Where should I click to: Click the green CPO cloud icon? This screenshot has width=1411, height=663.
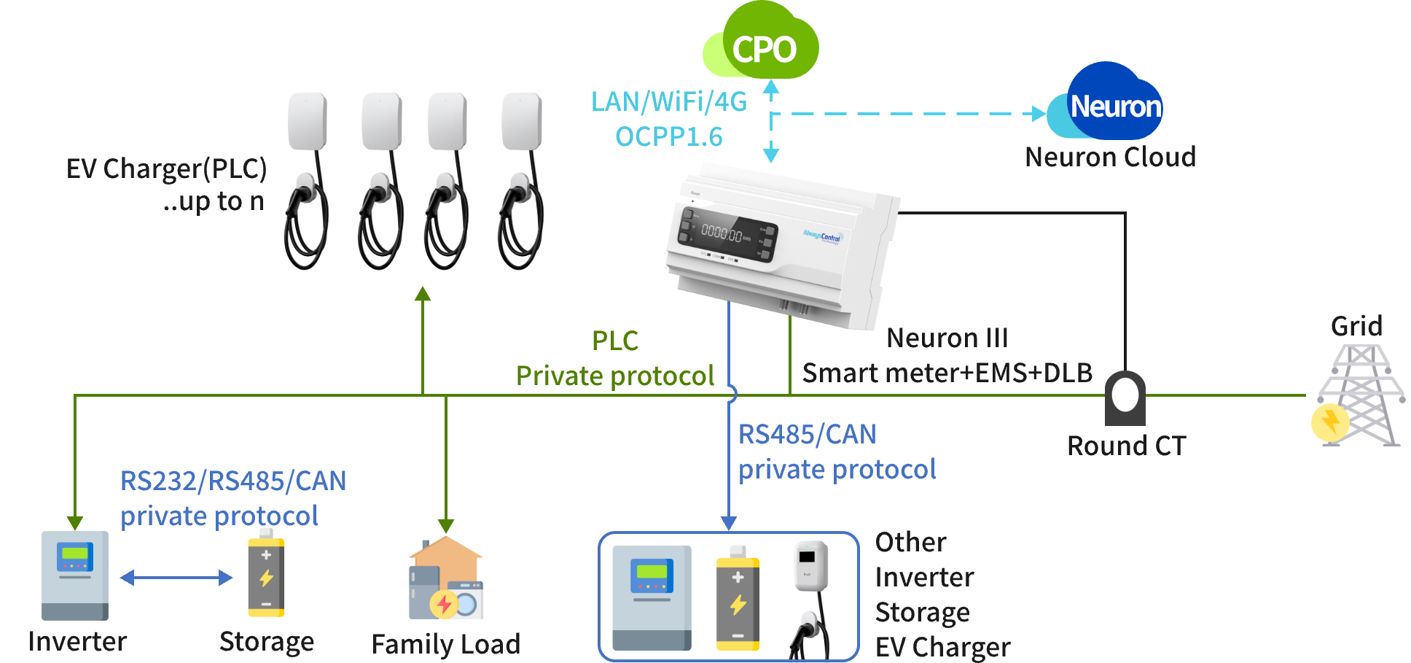762,44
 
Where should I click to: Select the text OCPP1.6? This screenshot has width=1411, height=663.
668,136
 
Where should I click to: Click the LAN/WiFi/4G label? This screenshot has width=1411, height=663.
668,101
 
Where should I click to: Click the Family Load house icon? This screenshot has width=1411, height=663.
446,579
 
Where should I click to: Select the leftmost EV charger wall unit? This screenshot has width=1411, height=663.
307,122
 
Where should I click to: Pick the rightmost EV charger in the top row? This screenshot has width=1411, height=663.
521,122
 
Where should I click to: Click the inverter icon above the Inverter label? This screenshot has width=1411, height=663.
74,575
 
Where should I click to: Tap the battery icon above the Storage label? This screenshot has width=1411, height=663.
266,573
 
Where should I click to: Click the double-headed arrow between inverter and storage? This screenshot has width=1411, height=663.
176,578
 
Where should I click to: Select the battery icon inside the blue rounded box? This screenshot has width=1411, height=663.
738,599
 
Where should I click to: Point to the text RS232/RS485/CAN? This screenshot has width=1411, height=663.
233,481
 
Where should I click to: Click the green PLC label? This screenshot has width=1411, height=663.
614,341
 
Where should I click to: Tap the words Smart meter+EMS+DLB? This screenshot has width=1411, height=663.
947,373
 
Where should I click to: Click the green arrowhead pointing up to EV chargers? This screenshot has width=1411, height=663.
423,294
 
